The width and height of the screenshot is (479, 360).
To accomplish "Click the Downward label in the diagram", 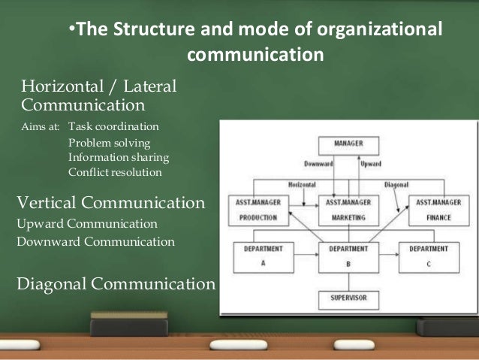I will (x=318, y=164).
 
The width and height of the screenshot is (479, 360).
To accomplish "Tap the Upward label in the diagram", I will (x=370, y=164).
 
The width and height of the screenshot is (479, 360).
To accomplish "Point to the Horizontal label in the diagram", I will (x=302, y=183).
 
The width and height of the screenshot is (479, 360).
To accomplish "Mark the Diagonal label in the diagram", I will (x=396, y=183).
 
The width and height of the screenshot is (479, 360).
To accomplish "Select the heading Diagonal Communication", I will (x=116, y=284).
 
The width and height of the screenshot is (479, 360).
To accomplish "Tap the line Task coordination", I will (x=114, y=126).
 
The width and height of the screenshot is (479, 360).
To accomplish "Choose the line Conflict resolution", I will (x=115, y=171).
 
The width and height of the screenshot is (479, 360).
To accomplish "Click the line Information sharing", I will (x=119, y=157).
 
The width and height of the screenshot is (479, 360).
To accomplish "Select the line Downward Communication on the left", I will (x=95, y=242).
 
